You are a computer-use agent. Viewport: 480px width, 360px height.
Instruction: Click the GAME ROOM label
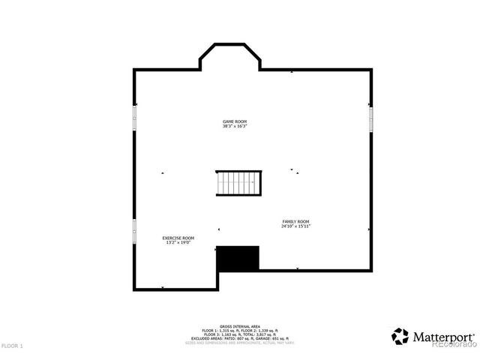pyautogui.click(x=234, y=121)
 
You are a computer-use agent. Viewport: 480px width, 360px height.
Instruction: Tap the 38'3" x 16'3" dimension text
pyautogui.click(x=234, y=126)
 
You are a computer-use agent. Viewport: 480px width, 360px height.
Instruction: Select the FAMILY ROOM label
pyautogui.click(x=296, y=221)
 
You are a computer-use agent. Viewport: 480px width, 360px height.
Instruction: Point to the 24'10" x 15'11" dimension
pyautogui.click(x=296, y=226)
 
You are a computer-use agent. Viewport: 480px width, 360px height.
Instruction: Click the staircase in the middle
pyautogui.click(x=239, y=182)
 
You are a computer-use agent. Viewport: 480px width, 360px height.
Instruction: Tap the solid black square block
pyautogui.click(x=238, y=258)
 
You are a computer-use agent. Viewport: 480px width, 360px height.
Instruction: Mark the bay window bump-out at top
pyautogui.click(x=230, y=55)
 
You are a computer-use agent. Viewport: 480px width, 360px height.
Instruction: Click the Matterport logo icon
pyautogui.click(x=400, y=336)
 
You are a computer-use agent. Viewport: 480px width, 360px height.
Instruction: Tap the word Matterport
pyautogui.click(x=443, y=337)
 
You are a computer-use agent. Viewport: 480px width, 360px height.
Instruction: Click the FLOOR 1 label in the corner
pyautogui.click(x=12, y=346)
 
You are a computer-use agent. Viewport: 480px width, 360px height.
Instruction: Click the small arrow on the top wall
pyautogui.click(x=292, y=72)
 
